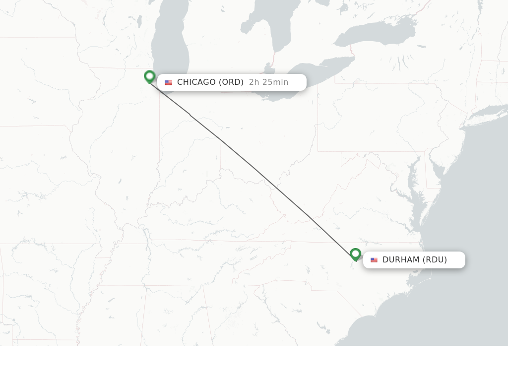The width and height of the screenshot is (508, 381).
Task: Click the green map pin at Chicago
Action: pos(149,76)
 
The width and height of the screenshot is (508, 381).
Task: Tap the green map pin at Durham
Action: pos(355,254)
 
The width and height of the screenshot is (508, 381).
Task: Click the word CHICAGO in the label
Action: pos(196,82)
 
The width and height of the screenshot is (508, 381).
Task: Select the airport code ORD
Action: pos(231,82)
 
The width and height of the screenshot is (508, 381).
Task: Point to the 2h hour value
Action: pos(254,82)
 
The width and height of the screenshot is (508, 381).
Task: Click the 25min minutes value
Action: pos(275,82)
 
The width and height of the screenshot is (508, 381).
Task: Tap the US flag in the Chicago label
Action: pos(168,83)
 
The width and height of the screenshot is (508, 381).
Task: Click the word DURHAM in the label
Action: pos(401,260)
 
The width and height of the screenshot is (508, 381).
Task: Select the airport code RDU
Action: pos(435,260)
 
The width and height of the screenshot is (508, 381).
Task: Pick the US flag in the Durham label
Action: pos(374,260)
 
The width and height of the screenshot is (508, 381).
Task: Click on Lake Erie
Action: pos(317,74)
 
